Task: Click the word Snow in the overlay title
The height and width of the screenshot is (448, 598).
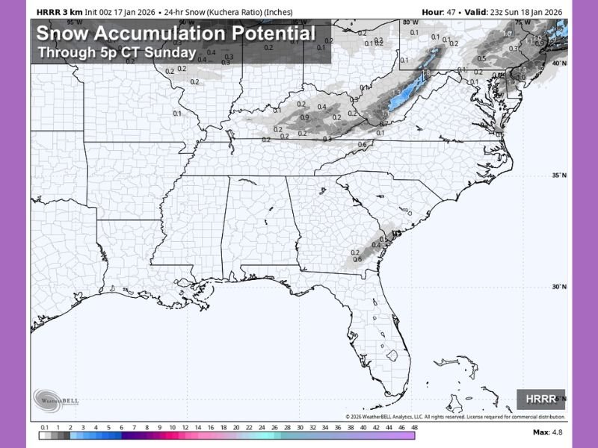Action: point(61,34)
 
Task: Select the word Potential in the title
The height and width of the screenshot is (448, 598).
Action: point(274,34)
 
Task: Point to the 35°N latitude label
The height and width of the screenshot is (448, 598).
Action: point(558,175)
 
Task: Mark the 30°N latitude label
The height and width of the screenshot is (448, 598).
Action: point(558,287)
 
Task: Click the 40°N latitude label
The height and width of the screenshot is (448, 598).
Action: point(558,63)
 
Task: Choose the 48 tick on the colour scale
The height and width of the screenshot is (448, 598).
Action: point(414,429)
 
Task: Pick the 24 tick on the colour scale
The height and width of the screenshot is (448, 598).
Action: point(262,429)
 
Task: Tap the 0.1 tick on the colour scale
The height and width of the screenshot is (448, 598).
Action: point(44,429)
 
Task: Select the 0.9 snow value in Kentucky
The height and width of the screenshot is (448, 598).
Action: point(304,117)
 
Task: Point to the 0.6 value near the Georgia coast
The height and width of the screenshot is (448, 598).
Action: point(357,259)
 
